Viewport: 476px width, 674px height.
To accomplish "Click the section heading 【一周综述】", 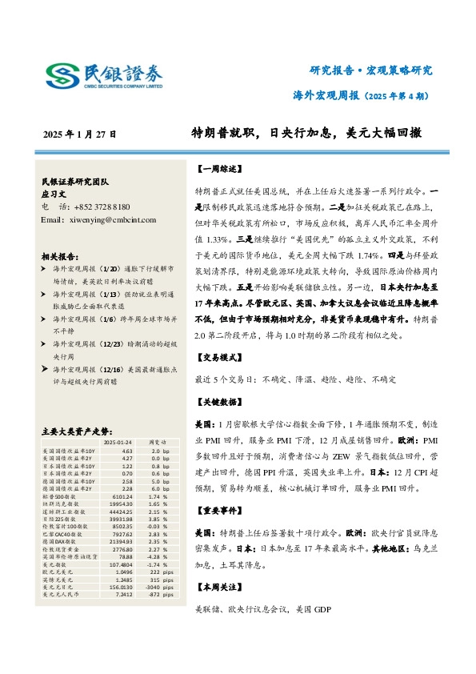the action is [x=216, y=170].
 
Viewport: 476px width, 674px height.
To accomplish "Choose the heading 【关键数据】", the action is [x=216, y=400].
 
